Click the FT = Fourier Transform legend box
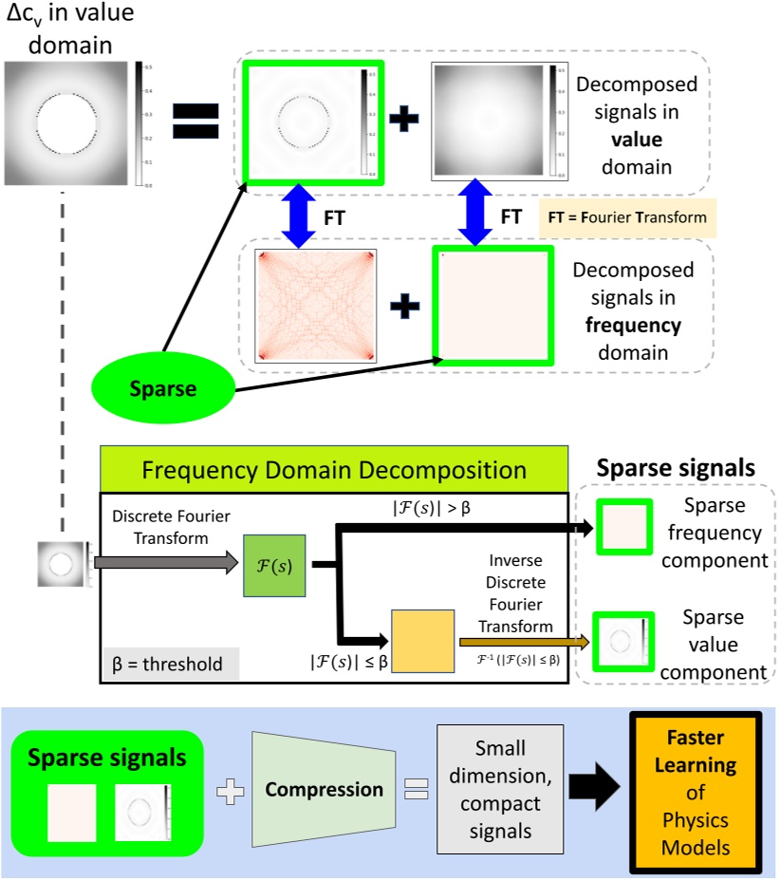[625, 217]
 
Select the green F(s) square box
[274, 566]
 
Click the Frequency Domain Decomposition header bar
[333, 469]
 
